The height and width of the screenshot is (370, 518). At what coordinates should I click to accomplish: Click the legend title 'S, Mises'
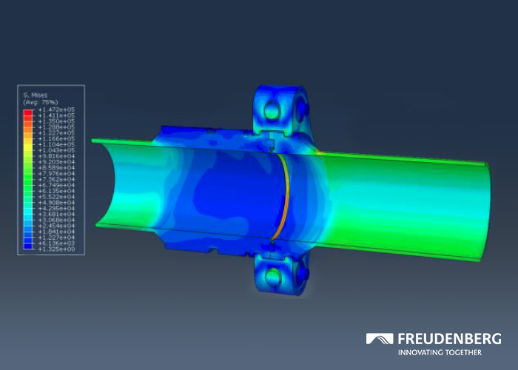point(36,95)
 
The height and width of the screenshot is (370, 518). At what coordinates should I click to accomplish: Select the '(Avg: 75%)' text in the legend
point(41,102)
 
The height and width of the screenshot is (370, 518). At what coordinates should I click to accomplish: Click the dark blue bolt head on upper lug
point(303,109)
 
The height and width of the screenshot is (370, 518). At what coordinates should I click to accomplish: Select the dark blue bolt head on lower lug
point(303,272)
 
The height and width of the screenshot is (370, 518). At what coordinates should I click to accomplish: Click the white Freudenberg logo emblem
point(380,340)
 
